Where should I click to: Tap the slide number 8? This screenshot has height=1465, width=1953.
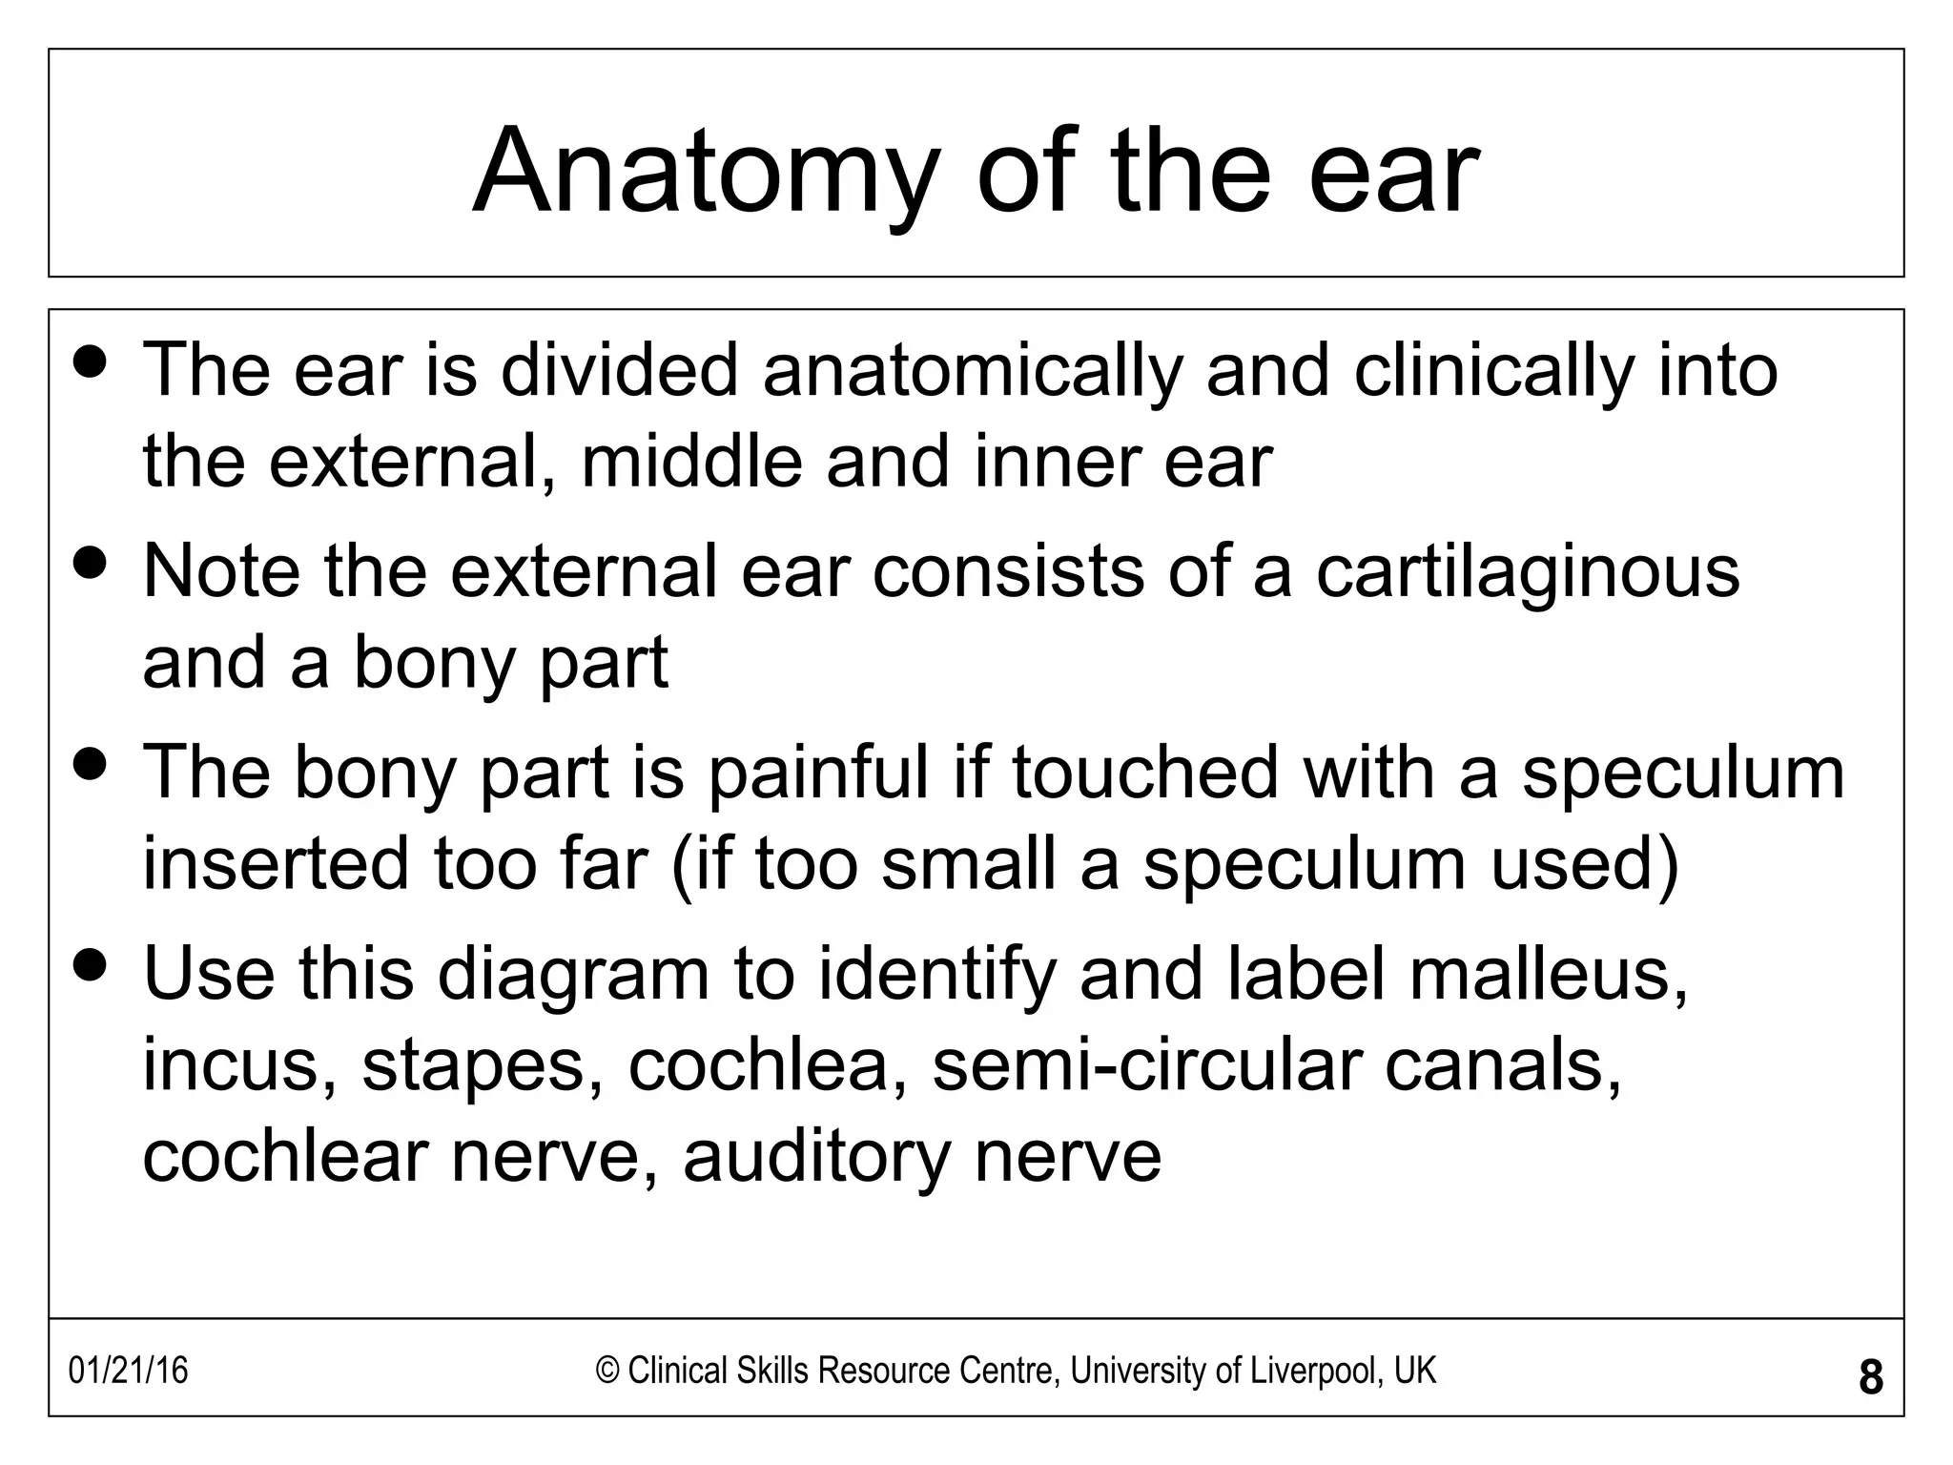point(1871,1378)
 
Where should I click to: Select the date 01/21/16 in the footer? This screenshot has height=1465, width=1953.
point(129,1372)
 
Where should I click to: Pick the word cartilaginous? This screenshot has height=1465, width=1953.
point(1528,572)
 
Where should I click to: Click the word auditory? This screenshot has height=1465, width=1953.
point(816,1157)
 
